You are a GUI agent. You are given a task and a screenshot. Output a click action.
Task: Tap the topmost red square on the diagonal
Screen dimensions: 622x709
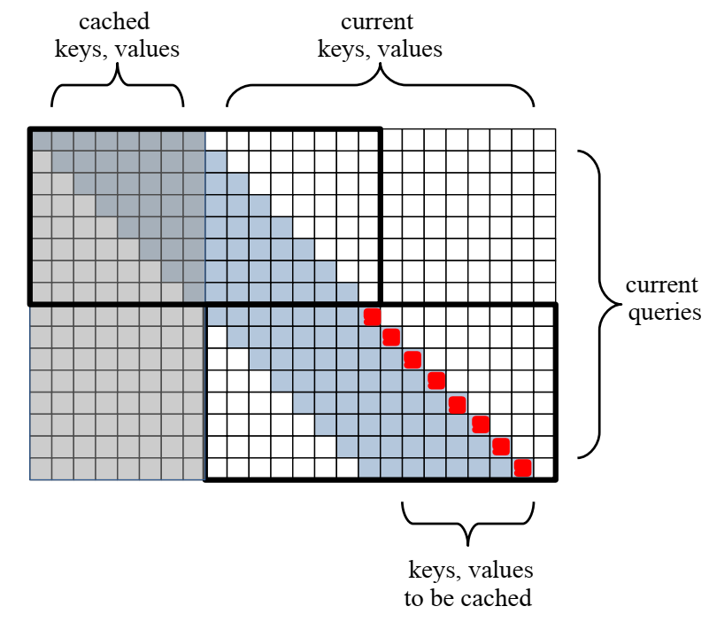pos(372,316)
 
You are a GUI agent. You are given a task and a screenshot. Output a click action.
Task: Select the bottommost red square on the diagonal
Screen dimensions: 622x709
pos(522,467)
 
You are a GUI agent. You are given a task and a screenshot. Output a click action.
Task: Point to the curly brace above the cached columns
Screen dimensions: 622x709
pos(118,87)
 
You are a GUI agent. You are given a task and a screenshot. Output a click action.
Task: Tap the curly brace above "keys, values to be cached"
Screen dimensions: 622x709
pos(468,523)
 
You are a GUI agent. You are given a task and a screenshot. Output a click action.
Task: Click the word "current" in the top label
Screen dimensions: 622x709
pos(379,22)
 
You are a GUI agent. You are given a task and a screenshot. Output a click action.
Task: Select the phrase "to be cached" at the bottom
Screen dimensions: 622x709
pos(468,598)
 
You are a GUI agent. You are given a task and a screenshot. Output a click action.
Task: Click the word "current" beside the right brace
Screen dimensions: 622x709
pos(662,286)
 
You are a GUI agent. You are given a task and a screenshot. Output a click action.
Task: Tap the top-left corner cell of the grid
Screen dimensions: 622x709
pos(41,139)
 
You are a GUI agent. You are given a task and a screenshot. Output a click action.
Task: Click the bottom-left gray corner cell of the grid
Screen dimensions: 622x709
pos(41,468)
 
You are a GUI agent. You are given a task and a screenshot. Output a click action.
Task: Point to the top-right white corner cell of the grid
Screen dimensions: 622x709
pos(544,139)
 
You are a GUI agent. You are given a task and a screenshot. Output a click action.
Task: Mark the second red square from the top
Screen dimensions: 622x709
pos(391,337)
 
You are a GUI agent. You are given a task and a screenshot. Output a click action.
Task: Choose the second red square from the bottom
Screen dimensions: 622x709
pos(501,446)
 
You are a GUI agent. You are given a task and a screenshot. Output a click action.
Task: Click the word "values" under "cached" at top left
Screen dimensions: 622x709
pos(147,49)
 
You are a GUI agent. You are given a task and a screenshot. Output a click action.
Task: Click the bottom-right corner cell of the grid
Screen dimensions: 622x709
pos(544,468)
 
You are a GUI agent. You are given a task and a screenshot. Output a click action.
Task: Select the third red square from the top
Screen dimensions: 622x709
pos(412,359)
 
